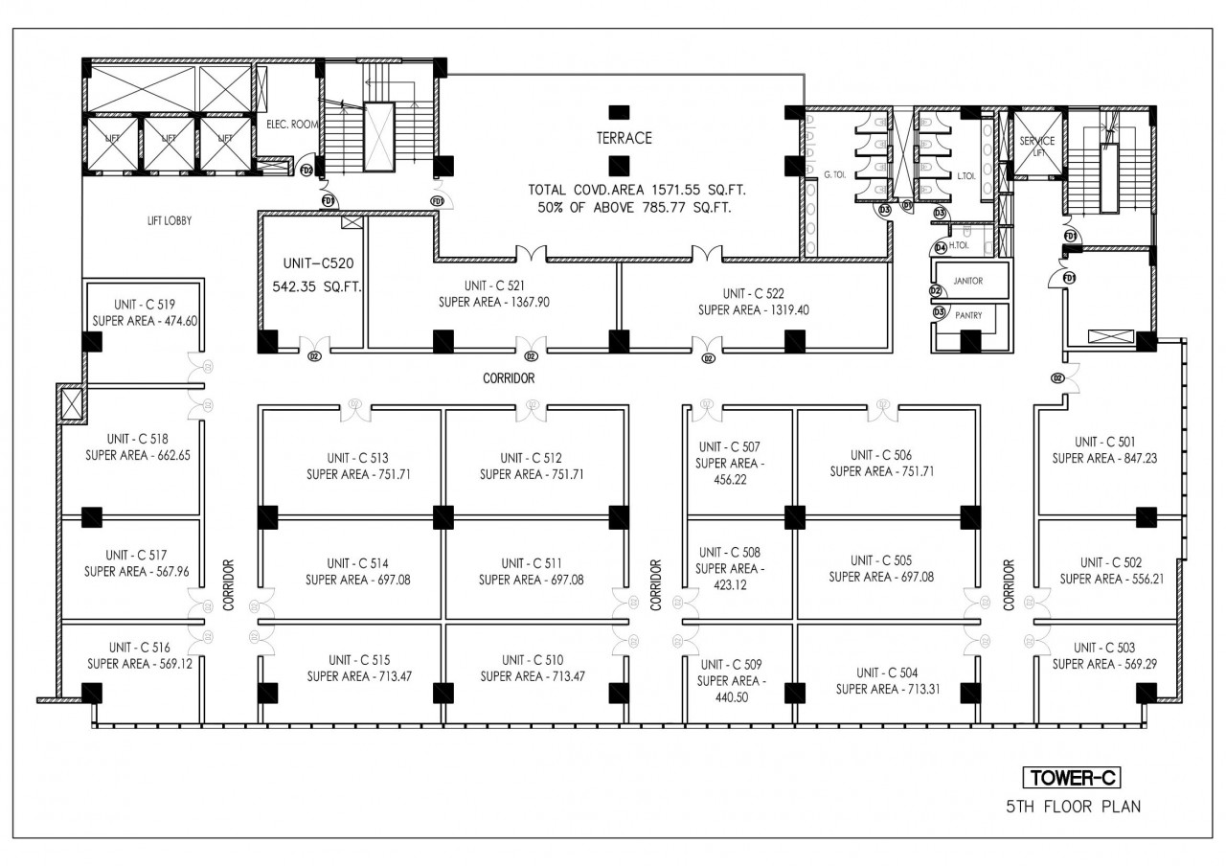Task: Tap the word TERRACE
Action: pyautogui.click(x=624, y=138)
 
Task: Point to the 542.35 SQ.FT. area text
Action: pyautogui.click(x=310, y=285)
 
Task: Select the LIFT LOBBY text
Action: pyautogui.click(x=170, y=220)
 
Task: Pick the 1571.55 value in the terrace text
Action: pyautogui.click(x=662, y=191)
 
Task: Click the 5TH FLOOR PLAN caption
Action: pyautogui.click(x=1073, y=807)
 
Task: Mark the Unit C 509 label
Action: pyautogui.click(x=732, y=665)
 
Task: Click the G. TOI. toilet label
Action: pyautogui.click(x=836, y=174)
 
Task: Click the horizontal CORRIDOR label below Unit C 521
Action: pyautogui.click(x=509, y=378)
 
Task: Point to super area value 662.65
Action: pyautogui.click(x=164, y=455)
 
